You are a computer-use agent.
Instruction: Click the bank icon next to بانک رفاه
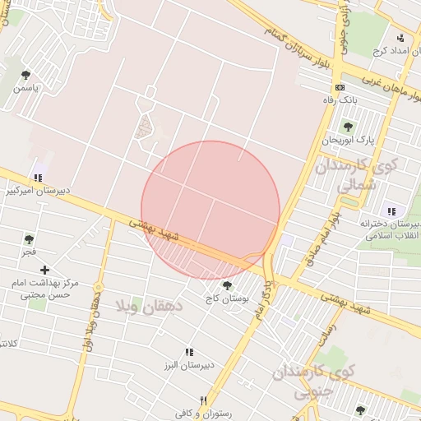pos(339,87)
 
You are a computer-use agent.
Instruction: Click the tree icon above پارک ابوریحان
pos(348,127)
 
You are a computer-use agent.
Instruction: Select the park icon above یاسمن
pos(25,75)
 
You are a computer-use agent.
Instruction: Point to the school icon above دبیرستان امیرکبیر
pos(38,178)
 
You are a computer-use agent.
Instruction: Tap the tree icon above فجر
pos(29,239)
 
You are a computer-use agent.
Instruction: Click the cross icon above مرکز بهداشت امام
pos(45,270)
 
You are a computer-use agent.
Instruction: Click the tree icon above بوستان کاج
pos(227,285)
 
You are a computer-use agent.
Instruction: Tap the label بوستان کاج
pos(228,299)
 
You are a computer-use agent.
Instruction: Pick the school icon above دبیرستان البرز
pos(189,352)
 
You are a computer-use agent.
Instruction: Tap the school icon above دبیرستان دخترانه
pos(391,212)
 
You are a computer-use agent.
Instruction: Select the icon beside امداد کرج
pos(400,38)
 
